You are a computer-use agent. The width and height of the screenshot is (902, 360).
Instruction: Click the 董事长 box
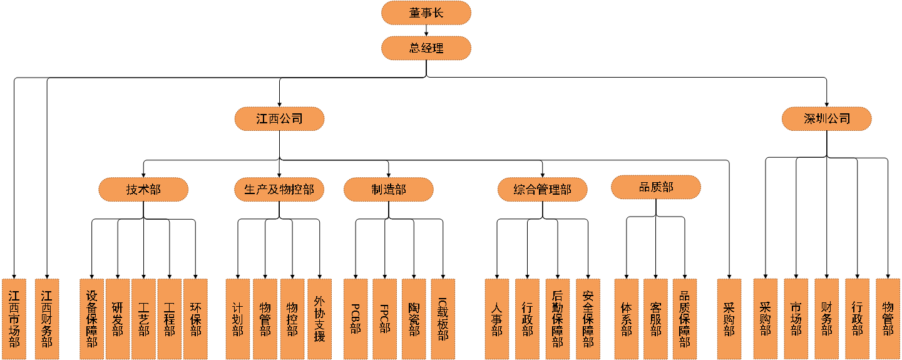click(x=426, y=13)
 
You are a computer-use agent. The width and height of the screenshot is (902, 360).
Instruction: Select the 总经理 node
click(x=426, y=48)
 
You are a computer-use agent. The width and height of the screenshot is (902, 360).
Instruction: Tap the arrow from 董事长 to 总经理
click(x=426, y=30)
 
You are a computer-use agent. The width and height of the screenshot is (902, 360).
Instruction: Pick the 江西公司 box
click(x=279, y=118)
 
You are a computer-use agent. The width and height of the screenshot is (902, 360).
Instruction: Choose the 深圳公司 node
click(x=826, y=118)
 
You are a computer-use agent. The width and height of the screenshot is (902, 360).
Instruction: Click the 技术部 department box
click(x=143, y=189)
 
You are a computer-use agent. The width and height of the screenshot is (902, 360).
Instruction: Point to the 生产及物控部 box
click(x=279, y=189)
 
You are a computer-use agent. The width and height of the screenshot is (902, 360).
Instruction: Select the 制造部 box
click(x=388, y=189)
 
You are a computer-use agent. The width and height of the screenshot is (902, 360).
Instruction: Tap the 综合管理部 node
click(x=542, y=189)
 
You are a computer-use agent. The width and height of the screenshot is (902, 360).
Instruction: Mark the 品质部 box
click(x=655, y=187)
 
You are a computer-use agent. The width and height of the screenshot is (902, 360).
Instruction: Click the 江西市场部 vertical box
click(x=14, y=319)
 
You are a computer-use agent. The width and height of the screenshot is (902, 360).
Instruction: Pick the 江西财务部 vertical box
click(x=47, y=319)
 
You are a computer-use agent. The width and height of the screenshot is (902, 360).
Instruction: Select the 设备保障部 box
click(x=92, y=319)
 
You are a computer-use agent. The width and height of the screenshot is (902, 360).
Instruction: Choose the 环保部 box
click(x=195, y=319)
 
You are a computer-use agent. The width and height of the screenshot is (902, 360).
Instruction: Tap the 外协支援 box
click(x=319, y=319)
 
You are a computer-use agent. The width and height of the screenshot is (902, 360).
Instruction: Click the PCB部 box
click(x=356, y=319)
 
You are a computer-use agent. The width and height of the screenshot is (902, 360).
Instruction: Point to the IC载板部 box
click(x=443, y=319)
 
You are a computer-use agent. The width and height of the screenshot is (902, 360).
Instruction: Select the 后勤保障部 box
click(x=557, y=319)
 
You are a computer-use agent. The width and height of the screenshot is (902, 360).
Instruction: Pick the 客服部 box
click(x=655, y=319)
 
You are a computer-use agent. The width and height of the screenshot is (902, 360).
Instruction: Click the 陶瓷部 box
click(x=414, y=319)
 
